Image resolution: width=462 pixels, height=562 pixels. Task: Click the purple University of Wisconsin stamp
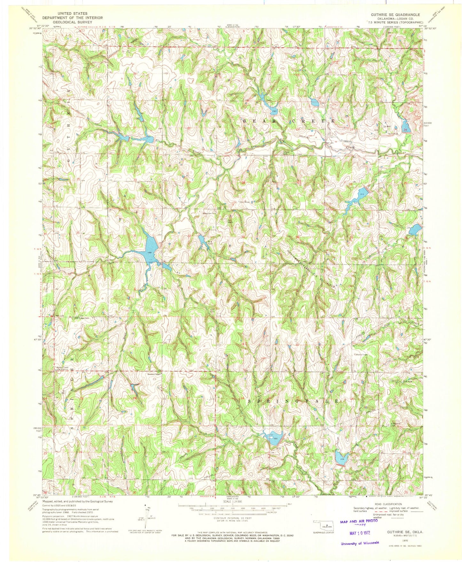pos(360,543)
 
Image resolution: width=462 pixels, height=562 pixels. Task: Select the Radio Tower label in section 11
pos(360,354)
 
